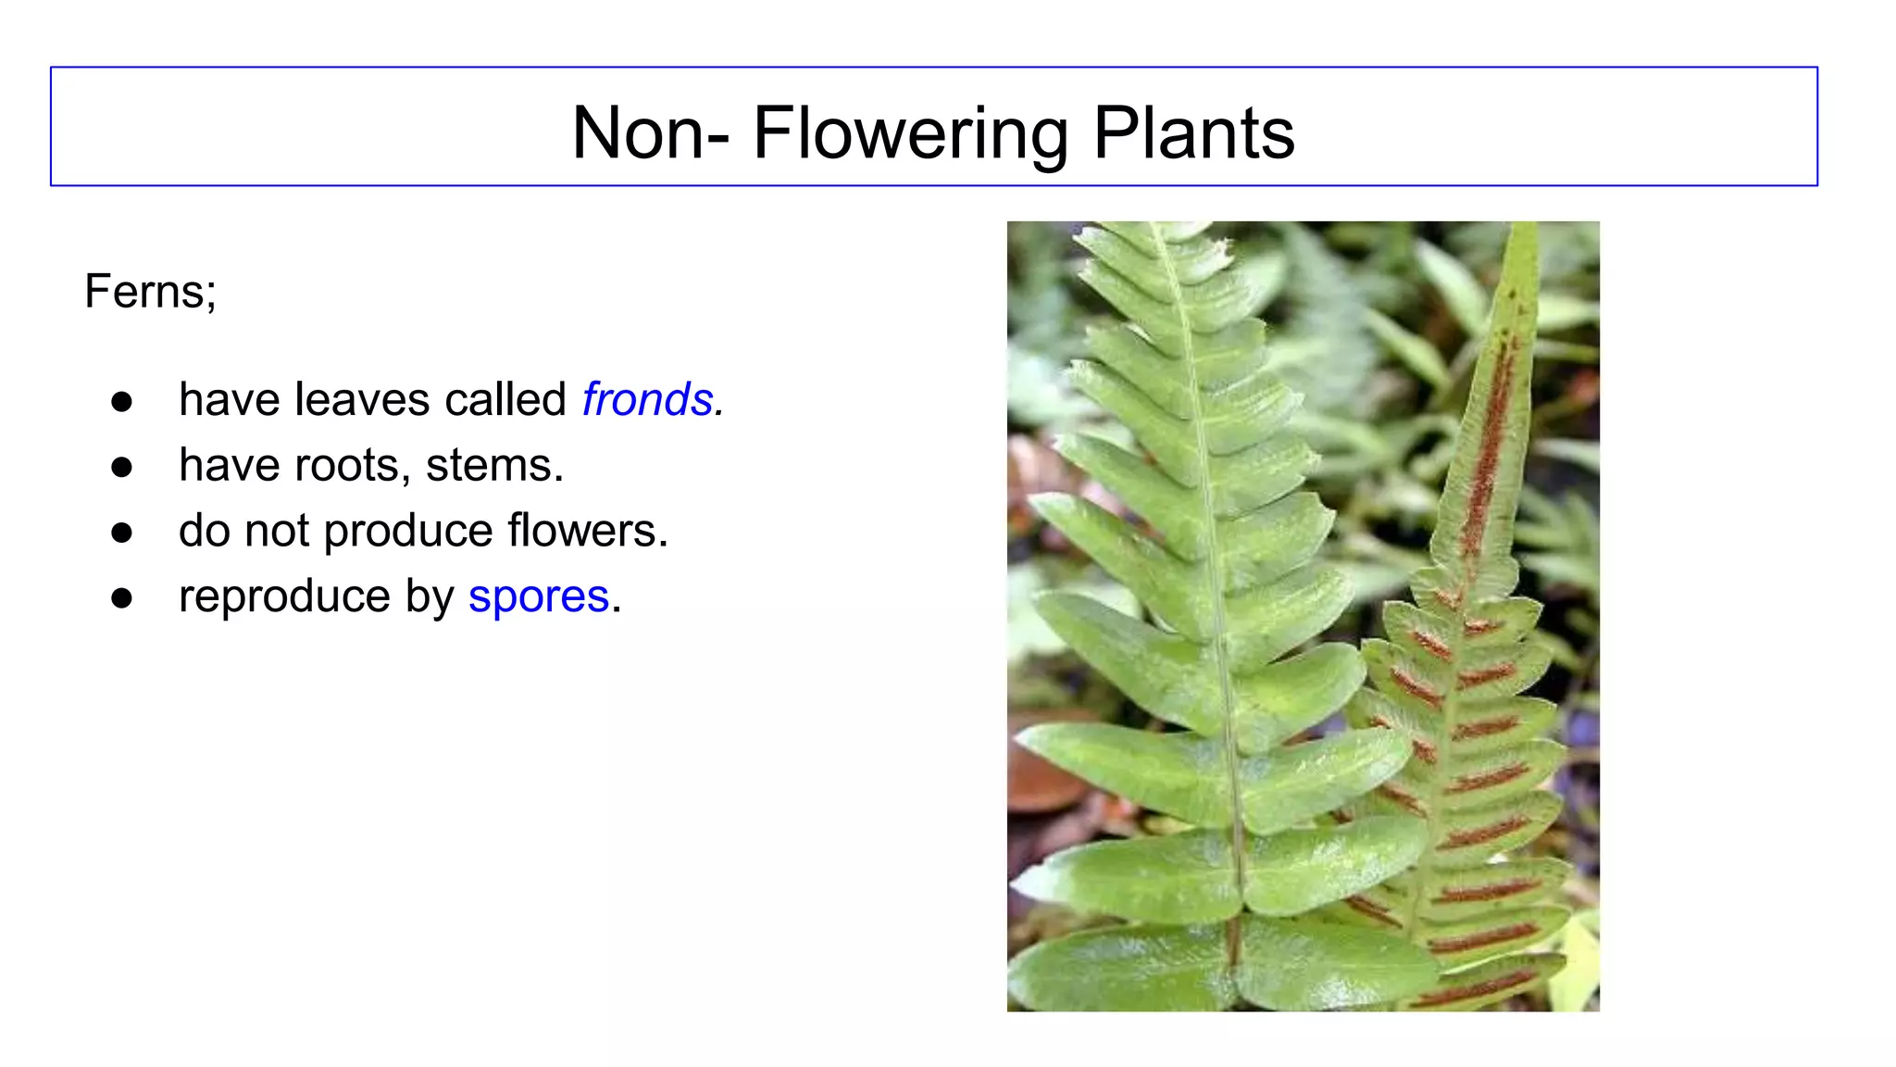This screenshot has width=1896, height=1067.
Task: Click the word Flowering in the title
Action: [910, 133]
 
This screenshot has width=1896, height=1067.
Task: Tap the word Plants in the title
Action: [1193, 133]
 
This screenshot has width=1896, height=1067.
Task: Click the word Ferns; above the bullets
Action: [151, 292]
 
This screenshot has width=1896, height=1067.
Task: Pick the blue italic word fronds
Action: [648, 400]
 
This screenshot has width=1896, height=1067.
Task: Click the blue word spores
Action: [539, 596]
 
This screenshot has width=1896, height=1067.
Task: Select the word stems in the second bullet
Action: [490, 466]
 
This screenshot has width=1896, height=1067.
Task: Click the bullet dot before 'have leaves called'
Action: [121, 402]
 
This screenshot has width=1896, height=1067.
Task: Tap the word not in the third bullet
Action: [277, 532]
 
